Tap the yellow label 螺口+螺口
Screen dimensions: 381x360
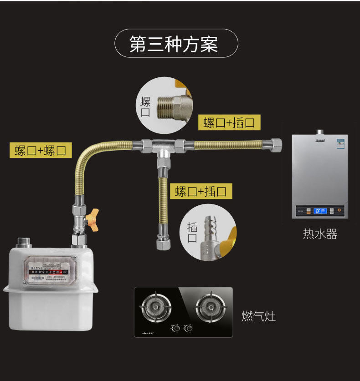tap(41, 150)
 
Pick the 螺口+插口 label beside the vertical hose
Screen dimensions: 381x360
tap(201, 191)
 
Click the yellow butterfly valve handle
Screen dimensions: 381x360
tap(94, 214)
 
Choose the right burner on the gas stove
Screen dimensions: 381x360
tap(209, 303)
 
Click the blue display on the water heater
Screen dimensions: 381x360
tap(320, 211)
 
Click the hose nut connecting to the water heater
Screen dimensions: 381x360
tap(276, 144)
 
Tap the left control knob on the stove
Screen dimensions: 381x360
tap(174, 327)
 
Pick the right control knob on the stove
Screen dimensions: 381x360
tap(186, 327)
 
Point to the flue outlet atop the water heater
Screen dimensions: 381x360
tap(320, 132)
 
